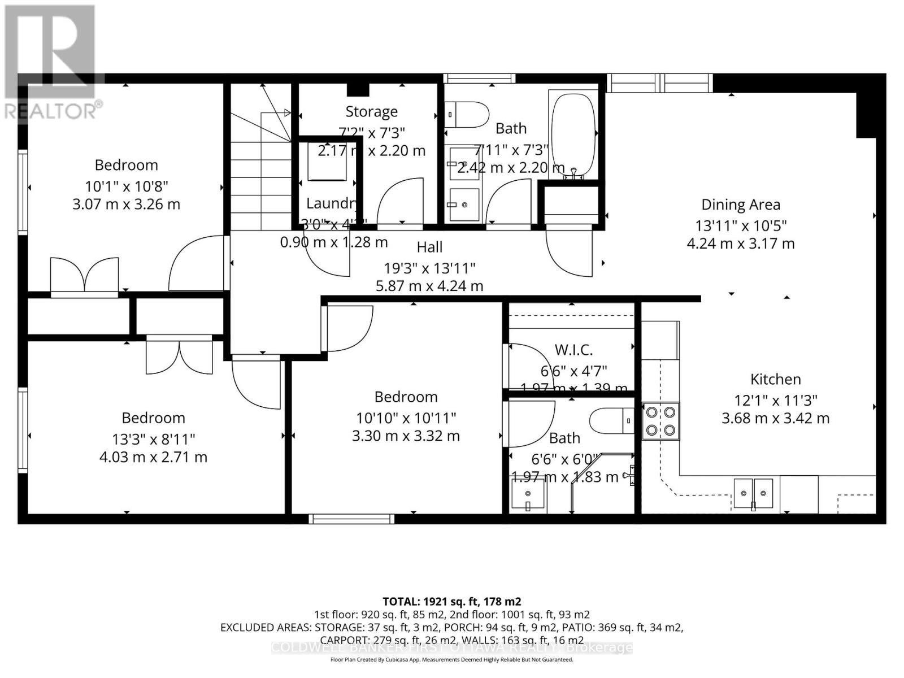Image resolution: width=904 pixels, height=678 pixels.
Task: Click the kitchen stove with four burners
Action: tap(660, 421)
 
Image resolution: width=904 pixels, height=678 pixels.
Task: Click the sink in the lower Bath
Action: tap(528, 493)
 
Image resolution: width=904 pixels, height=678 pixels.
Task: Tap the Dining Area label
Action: tap(741, 205)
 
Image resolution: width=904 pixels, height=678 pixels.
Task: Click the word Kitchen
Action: tap(775, 379)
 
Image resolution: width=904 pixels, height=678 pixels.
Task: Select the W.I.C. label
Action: tap(573, 350)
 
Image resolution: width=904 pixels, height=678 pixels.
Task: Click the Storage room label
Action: tap(371, 111)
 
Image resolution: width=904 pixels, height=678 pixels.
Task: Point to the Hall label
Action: tap(429, 247)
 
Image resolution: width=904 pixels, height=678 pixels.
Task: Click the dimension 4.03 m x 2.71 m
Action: tap(153, 457)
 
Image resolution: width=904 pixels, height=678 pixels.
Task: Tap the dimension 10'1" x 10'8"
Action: tap(127, 186)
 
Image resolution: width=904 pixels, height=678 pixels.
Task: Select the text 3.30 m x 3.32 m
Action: tap(406, 436)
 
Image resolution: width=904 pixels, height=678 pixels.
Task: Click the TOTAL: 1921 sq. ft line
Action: tap(451, 601)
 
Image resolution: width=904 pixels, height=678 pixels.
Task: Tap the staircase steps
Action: tap(260, 181)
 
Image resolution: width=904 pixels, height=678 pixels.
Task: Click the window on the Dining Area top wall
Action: tap(659, 83)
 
